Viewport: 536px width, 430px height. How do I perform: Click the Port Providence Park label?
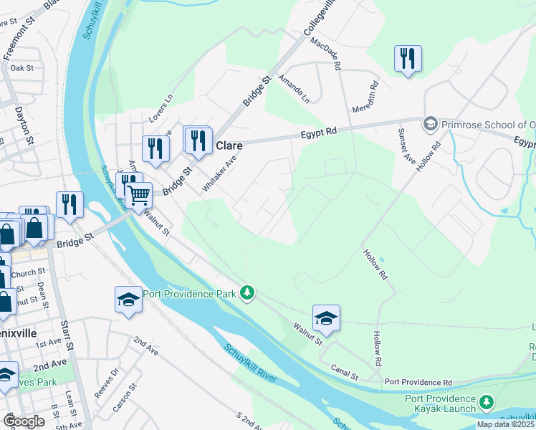click(190, 293)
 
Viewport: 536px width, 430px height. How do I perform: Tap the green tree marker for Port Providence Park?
click(247, 293)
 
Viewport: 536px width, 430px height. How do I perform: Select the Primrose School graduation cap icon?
click(431, 123)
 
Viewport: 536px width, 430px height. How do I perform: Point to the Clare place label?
click(229, 145)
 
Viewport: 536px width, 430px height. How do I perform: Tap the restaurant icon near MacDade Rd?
click(408, 58)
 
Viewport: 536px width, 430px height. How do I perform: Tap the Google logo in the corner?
click(24, 421)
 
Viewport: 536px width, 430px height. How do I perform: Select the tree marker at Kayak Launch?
click(487, 403)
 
